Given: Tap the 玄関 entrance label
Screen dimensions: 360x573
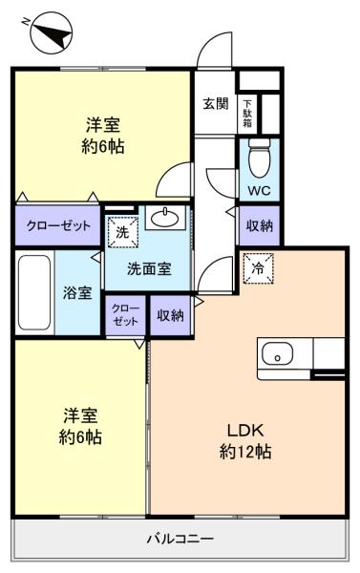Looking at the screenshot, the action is point(216,104).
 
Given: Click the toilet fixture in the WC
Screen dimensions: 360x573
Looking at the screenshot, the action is point(260,158).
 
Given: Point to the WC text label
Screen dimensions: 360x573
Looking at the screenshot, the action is point(259,190).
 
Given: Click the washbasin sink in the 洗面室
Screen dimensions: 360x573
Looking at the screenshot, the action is point(165,218).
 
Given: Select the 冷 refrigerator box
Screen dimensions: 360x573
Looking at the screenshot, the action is point(259,268).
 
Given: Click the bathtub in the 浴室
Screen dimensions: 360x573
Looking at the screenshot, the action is point(34,292).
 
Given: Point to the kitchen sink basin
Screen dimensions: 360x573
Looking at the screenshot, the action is point(278,353).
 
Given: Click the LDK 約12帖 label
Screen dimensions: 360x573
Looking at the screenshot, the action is point(245,441).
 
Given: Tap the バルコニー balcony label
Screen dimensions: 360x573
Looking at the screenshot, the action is point(180,539).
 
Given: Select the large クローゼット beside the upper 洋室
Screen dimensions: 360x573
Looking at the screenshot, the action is point(57,225).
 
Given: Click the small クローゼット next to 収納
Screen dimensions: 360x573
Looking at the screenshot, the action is point(125,315).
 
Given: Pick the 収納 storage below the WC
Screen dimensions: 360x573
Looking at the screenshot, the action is point(260,225).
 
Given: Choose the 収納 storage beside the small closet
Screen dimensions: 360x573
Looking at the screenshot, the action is point(170,315).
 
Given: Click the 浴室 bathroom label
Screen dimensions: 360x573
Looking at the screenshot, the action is point(77,293).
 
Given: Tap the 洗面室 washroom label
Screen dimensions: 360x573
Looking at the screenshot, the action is point(149,269).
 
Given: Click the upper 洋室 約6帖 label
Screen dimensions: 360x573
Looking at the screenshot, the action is point(103,136).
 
